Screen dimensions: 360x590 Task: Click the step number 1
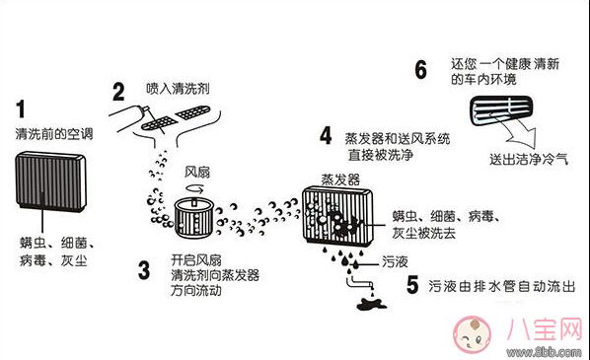pos(22,108)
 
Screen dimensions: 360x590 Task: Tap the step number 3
pos(144,268)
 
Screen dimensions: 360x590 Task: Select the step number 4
pos(327,135)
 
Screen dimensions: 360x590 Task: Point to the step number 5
pos(412,283)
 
